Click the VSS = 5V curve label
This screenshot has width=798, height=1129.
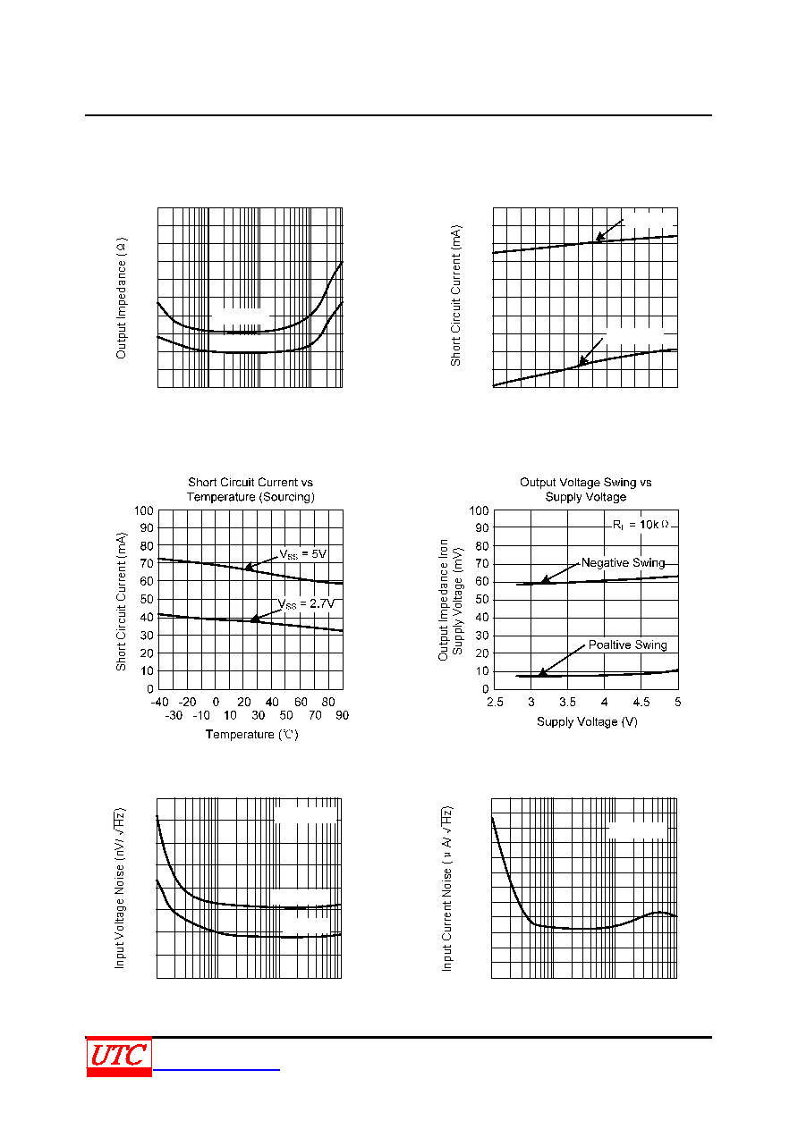pyautogui.click(x=303, y=554)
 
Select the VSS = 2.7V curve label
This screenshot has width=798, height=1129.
pyautogui.click(x=306, y=603)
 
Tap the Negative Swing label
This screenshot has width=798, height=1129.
pyautogui.click(x=623, y=562)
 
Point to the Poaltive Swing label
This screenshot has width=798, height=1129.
pyautogui.click(x=627, y=645)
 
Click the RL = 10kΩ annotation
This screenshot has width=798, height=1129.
pyautogui.click(x=641, y=525)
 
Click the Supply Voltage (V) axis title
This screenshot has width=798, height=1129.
pyautogui.click(x=587, y=721)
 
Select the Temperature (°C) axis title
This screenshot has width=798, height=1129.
pyautogui.click(x=251, y=735)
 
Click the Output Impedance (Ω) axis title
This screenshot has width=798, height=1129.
pyautogui.click(x=121, y=299)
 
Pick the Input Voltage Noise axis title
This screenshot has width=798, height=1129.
pyautogui.click(x=120, y=888)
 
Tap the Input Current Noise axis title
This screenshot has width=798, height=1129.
pyautogui.click(x=447, y=888)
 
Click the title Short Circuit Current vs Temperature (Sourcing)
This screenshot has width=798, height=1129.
pyautogui.click(x=250, y=489)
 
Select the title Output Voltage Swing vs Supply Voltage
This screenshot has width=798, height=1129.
pyautogui.click(x=586, y=489)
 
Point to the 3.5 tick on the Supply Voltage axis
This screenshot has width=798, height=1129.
pyautogui.click(x=567, y=702)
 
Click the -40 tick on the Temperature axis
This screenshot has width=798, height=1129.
pyautogui.click(x=160, y=702)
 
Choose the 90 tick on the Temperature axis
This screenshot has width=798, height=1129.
pyautogui.click(x=342, y=715)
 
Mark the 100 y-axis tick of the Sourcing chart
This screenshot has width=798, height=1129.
pyautogui.click(x=144, y=510)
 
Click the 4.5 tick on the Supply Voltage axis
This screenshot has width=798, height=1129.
pyautogui.click(x=641, y=702)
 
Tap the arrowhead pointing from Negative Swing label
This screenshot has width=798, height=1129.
pyautogui.click(x=545, y=579)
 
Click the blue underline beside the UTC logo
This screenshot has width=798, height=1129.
pyautogui.click(x=216, y=1069)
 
